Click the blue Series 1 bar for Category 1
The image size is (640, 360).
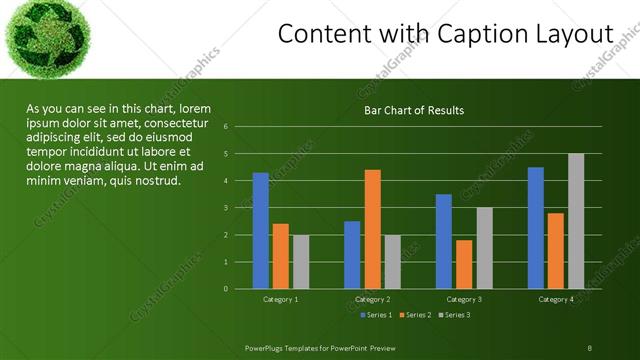pyautogui.click(x=261, y=230)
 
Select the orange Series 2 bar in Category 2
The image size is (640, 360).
pyautogui.click(x=372, y=229)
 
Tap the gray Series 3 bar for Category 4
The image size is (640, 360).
pyautogui.click(x=576, y=221)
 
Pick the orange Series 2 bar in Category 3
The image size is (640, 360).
pyautogui.click(x=464, y=264)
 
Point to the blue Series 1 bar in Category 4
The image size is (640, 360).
pyautogui.click(x=536, y=228)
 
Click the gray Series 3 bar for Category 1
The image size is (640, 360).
pyautogui.click(x=301, y=262)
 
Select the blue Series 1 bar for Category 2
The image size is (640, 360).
pyautogui.click(x=352, y=255)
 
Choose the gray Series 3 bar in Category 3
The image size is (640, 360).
pyautogui.click(x=484, y=248)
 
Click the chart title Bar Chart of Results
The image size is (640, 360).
pyautogui.click(x=413, y=110)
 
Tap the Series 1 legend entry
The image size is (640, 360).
pyautogui.click(x=375, y=315)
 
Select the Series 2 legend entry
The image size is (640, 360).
pyautogui.click(x=414, y=315)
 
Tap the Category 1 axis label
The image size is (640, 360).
pyautogui.click(x=280, y=299)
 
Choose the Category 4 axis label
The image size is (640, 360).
pyautogui.click(x=556, y=299)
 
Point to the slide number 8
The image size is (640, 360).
pyautogui.click(x=589, y=348)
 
